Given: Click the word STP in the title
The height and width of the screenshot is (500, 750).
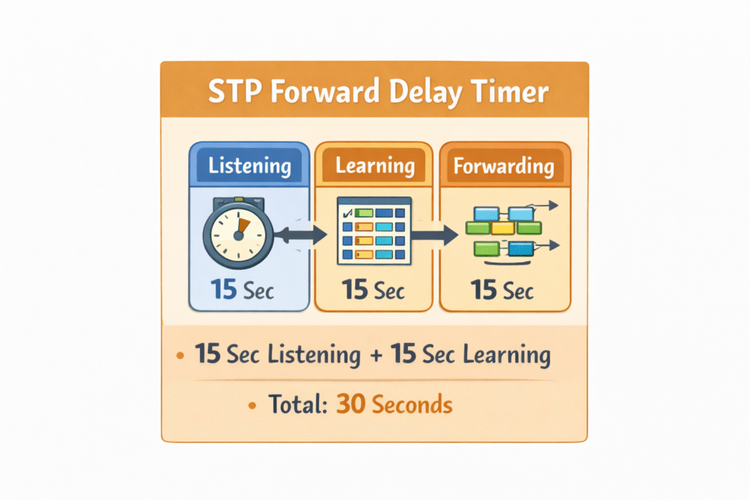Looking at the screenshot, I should click(x=229, y=93).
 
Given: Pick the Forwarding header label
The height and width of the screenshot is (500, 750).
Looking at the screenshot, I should click(x=503, y=166).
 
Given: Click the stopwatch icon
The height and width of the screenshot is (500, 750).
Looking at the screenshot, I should click(x=237, y=234).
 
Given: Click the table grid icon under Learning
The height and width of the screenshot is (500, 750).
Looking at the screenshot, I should click(x=373, y=231).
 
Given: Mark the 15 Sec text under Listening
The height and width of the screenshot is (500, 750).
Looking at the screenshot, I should click(x=242, y=290).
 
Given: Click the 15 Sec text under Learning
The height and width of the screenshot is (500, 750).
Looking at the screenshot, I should click(x=374, y=290).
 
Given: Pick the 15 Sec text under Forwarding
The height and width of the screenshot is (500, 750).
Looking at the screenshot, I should click(x=502, y=290).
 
